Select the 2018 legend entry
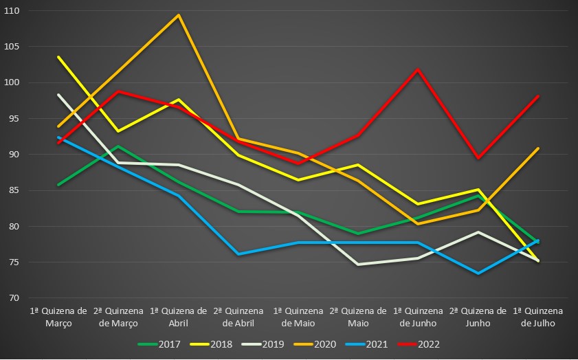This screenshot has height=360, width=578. tap(212, 344)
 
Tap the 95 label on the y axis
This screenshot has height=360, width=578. tap(14, 119)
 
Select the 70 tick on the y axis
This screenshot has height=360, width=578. tap(14, 298)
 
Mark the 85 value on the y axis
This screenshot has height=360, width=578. tap(14, 190)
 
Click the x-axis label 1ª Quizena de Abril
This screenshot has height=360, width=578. tap(179, 317)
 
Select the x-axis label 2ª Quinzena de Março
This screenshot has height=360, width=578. tap(119, 317)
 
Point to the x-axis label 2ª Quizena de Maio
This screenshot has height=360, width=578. tap(359, 317)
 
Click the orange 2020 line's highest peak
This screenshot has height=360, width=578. tap(179, 15)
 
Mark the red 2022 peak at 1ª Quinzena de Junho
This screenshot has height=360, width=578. tap(418, 69)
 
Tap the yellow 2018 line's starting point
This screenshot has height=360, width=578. tap(59, 57)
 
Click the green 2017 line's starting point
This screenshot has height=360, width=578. tap(59, 185)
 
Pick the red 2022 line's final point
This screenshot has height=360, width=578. tap(537, 97)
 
